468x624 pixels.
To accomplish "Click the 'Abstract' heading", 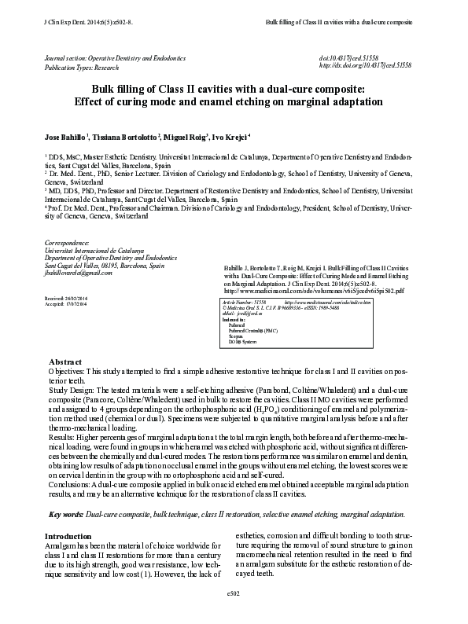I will tap(66, 361).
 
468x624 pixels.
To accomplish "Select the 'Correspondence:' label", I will tap(68, 243).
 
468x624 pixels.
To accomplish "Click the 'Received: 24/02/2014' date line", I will tap(65, 299).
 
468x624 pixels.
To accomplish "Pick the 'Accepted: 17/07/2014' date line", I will tap(65, 305).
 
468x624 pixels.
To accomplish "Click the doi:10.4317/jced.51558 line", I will tap(349, 58).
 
